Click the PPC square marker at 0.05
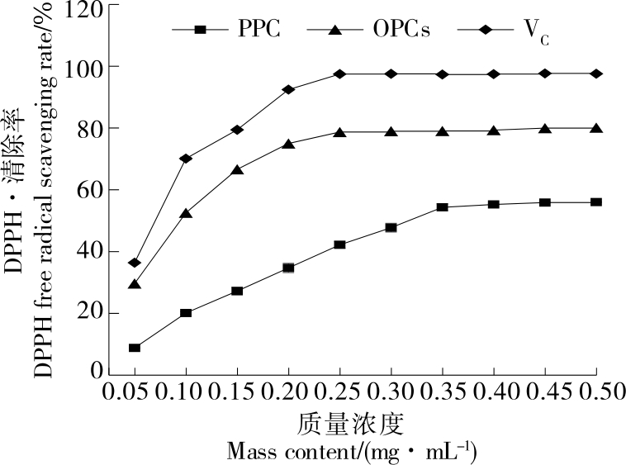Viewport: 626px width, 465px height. click(x=135, y=348)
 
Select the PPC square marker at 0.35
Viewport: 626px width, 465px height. click(x=443, y=207)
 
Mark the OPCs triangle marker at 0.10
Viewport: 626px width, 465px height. click(x=186, y=214)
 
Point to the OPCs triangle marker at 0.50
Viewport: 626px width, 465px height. click(x=596, y=128)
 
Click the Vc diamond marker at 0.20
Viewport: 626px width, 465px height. click(x=288, y=89)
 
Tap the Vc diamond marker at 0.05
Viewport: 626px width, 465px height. click(x=135, y=263)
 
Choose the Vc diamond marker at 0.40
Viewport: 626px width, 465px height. click(x=494, y=74)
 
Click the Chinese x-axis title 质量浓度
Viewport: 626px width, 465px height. click(x=350, y=425)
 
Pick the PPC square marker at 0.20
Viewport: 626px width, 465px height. click(x=288, y=268)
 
